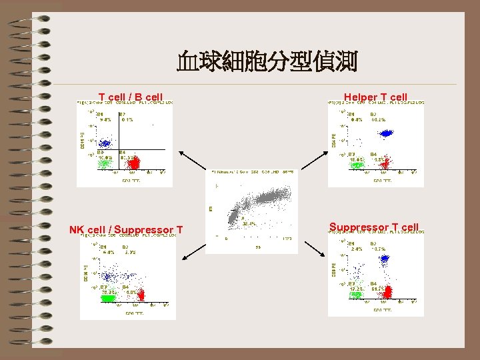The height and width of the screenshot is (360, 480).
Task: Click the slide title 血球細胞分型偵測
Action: pyautogui.click(x=267, y=63)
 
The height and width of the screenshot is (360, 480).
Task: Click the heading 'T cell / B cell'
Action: pyautogui.click(x=131, y=97)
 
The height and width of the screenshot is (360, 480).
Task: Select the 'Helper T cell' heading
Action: pyautogui.click(x=375, y=97)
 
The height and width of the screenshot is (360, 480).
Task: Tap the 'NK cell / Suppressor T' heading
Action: pyautogui.click(x=126, y=231)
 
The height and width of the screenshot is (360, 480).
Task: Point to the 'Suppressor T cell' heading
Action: pyautogui.click(x=374, y=227)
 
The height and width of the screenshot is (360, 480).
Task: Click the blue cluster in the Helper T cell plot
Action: pyautogui.click(x=385, y=133)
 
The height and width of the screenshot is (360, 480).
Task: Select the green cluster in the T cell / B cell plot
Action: pyautogui.click(x=105, y=164)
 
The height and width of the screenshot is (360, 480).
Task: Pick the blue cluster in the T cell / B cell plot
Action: pyautogui.click(x=104, y=142)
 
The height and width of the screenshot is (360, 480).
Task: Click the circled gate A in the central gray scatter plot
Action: pyautogui.click(x=234, y=217)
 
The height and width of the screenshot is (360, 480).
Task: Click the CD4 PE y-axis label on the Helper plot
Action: pyautogui.click(x=333, y=140)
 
